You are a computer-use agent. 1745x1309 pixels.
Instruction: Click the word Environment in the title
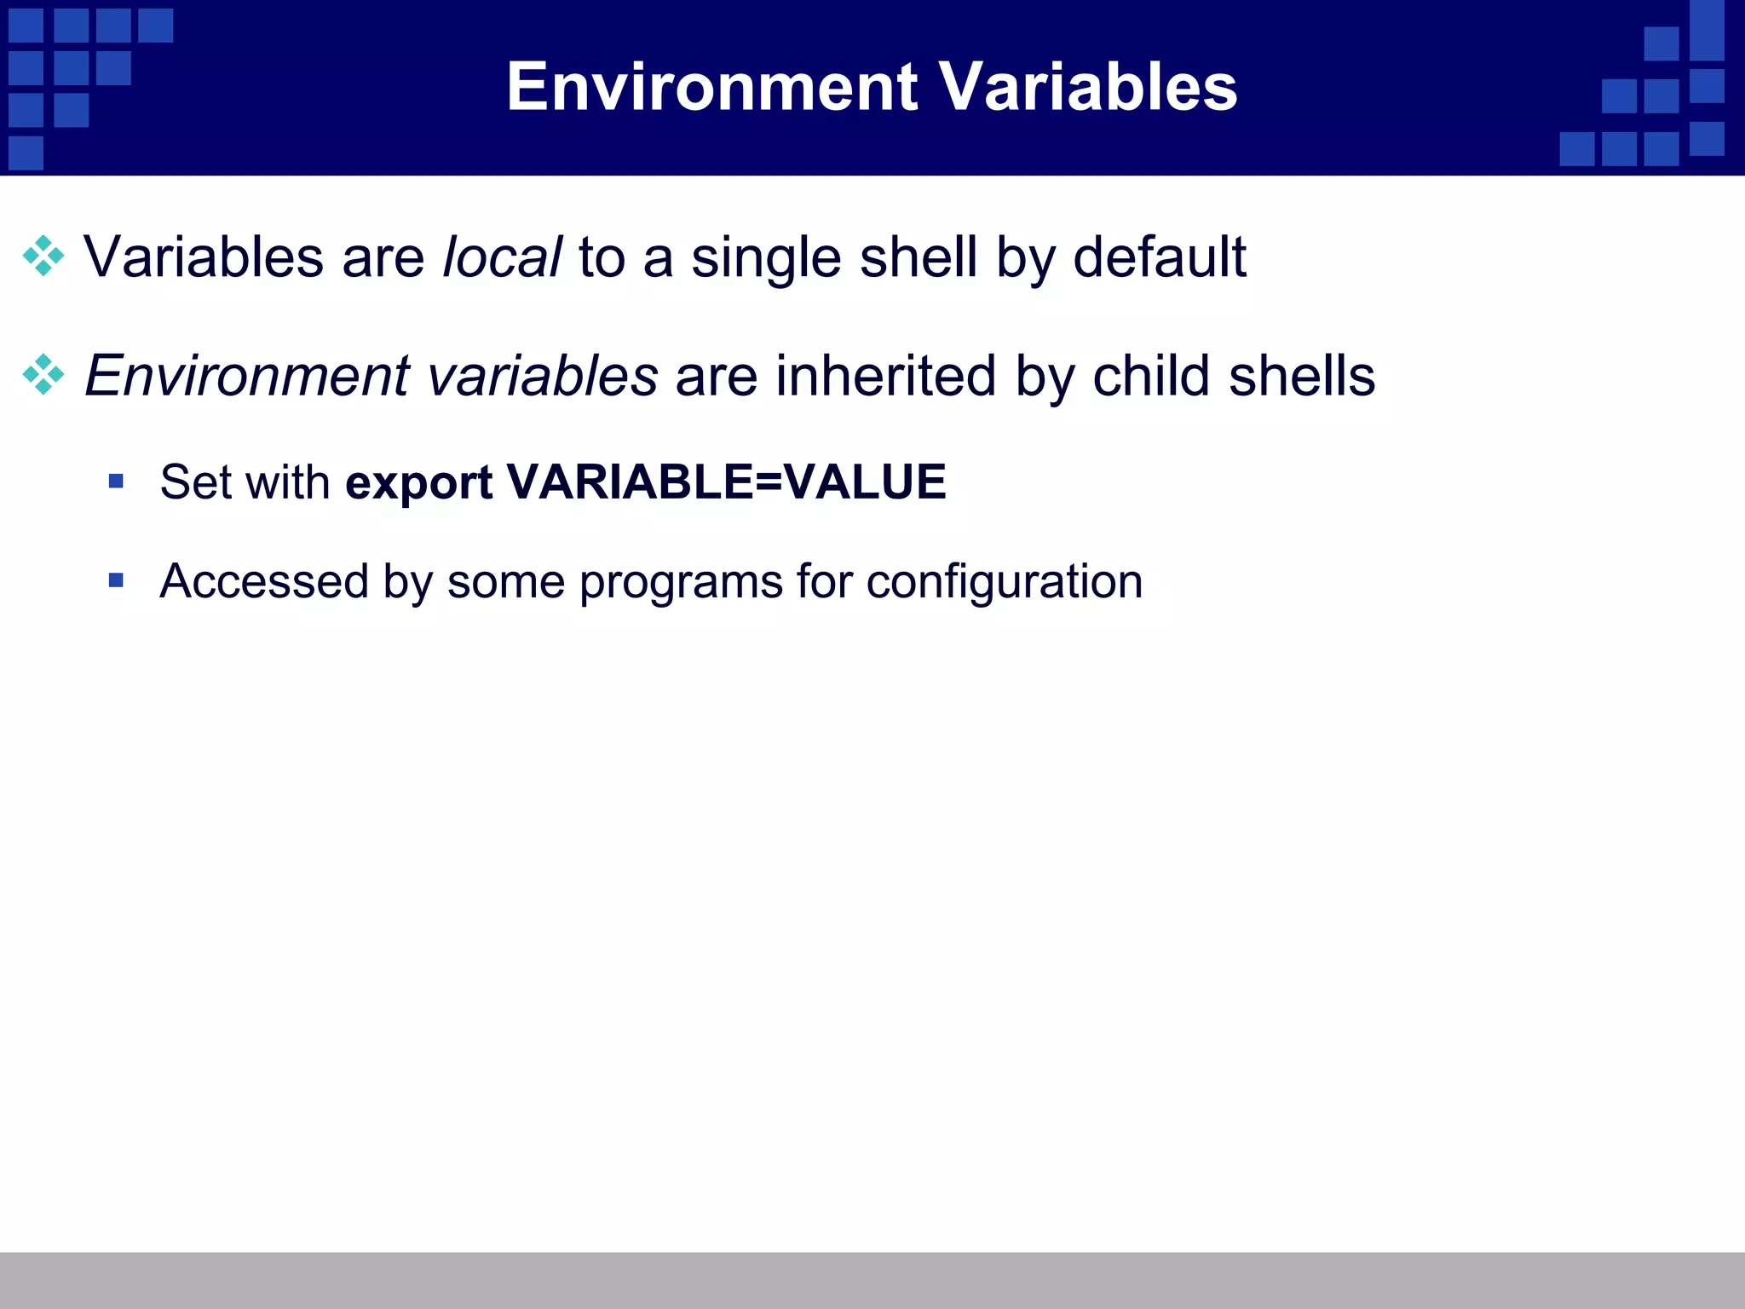[x=711, y=87]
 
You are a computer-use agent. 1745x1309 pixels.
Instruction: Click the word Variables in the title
[x=1088, y=87]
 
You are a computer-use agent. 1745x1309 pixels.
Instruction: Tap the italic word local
[x=502, y=257]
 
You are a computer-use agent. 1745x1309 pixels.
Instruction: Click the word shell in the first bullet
[x=918, y=257]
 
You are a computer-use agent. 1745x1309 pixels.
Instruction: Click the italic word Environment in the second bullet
[x=247, y=376]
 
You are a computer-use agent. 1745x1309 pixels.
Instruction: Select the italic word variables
[x=542, y=376]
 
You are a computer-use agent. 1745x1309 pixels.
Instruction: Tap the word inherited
[x=885, y=376]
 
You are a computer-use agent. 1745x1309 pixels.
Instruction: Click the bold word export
[x=418, y=483]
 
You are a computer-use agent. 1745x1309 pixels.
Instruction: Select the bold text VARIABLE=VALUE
[x=726, y=482]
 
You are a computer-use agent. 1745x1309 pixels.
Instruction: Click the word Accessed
[x=264, y=581]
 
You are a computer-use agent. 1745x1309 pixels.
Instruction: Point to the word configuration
[x=1004, y=583]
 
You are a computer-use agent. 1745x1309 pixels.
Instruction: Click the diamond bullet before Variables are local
[x=43, y=257]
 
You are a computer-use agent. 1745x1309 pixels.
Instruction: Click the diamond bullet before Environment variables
[x=43, y=375]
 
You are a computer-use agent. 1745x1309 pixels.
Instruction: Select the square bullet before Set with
[x=117, y=482]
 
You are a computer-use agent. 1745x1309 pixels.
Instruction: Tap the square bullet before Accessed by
[x=117, y=581]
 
